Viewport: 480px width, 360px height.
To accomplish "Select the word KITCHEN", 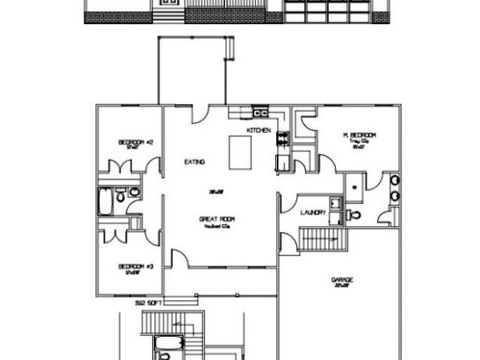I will point(258,130).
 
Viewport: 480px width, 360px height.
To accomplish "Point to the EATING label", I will point(194,162).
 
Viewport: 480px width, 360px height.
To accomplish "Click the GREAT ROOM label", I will point(215,218).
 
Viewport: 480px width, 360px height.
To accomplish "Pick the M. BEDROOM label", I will point(359,135).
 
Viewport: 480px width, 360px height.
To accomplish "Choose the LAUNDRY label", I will point(312,213).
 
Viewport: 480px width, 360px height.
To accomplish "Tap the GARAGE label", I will point(342,280).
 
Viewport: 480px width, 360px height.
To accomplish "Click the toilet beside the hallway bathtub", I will point(120,195).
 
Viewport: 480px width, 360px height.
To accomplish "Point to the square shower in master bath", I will point(354,183).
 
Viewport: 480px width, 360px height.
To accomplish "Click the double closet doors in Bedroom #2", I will point(122,168).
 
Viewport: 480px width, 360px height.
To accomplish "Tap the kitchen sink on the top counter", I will point(259,112).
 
